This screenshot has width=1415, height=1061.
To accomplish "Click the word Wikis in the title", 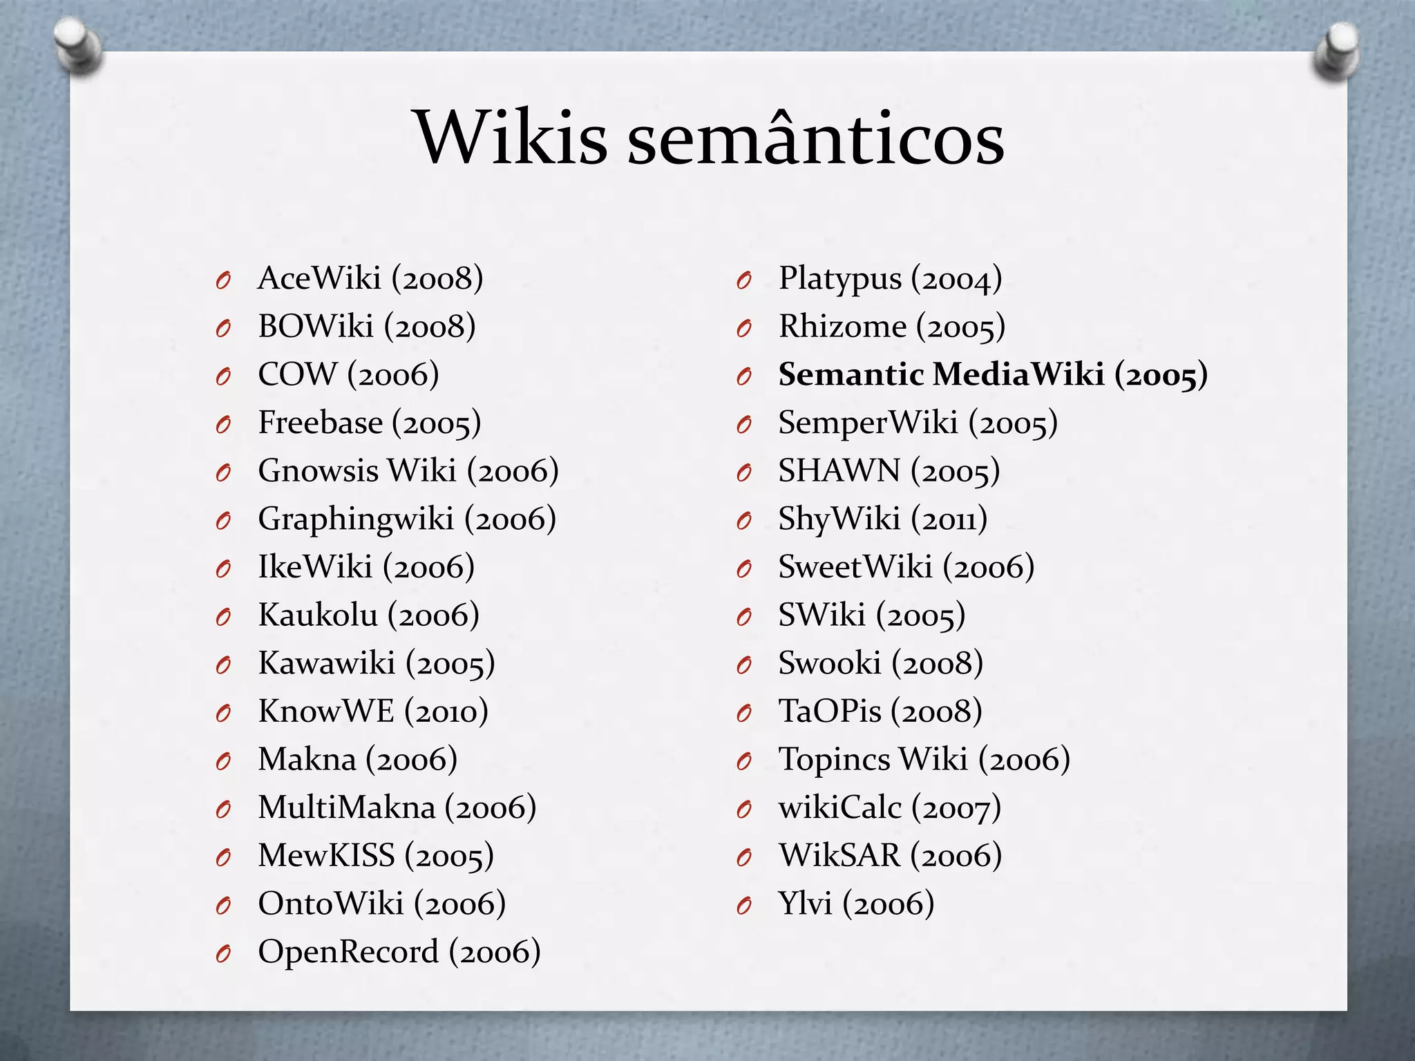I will pos(511,138).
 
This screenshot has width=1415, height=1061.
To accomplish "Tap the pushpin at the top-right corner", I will pos(1338,52).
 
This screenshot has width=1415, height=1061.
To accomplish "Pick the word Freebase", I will pos(320,423).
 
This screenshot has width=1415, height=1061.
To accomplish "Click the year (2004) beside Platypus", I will pos(956,279).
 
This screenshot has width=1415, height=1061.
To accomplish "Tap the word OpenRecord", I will pos(348,952).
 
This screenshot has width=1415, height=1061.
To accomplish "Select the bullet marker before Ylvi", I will pos(743,905).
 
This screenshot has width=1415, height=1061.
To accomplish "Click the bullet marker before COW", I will pos(222,376).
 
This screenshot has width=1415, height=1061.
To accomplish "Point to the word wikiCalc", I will pos(840,807).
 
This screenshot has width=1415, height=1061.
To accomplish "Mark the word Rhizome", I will pos(842,327).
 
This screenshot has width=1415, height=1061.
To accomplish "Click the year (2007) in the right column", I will pos(956,807).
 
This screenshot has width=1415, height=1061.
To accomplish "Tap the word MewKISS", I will pos(326,856).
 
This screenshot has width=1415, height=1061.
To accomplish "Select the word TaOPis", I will pos(830,711).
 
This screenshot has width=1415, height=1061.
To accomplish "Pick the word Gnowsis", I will pos(318,471).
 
